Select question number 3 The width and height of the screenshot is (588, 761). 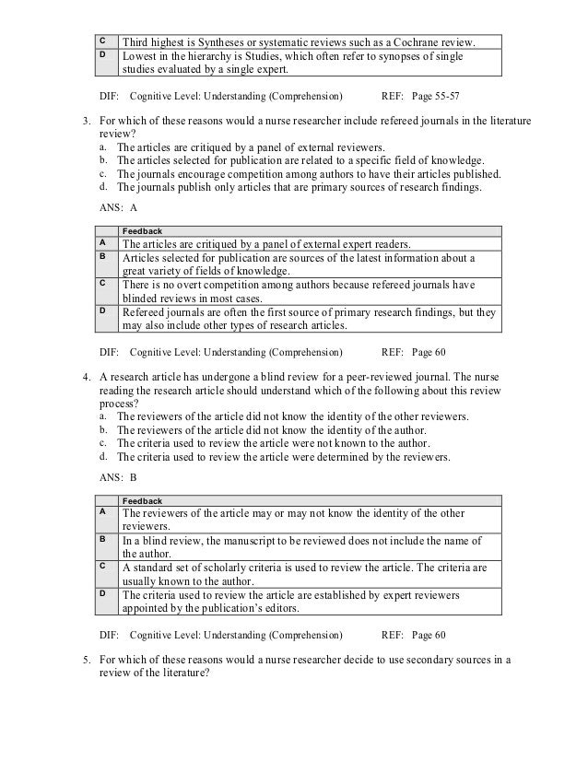87,122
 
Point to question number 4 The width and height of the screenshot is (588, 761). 87,377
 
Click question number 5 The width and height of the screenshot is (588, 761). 87,660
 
